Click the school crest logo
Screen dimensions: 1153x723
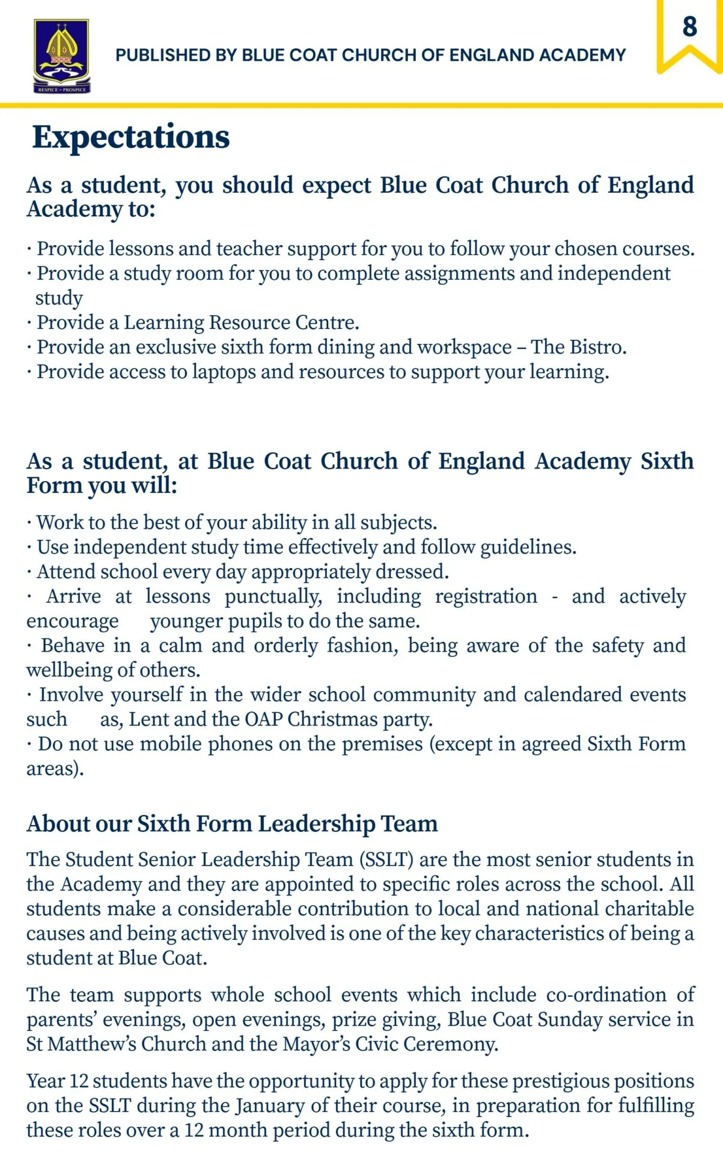pos(62,55)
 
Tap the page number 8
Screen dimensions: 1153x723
pos(689,27)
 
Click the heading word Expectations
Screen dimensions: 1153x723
pos(131,137)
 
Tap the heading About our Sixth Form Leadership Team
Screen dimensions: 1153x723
pos(232,823)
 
